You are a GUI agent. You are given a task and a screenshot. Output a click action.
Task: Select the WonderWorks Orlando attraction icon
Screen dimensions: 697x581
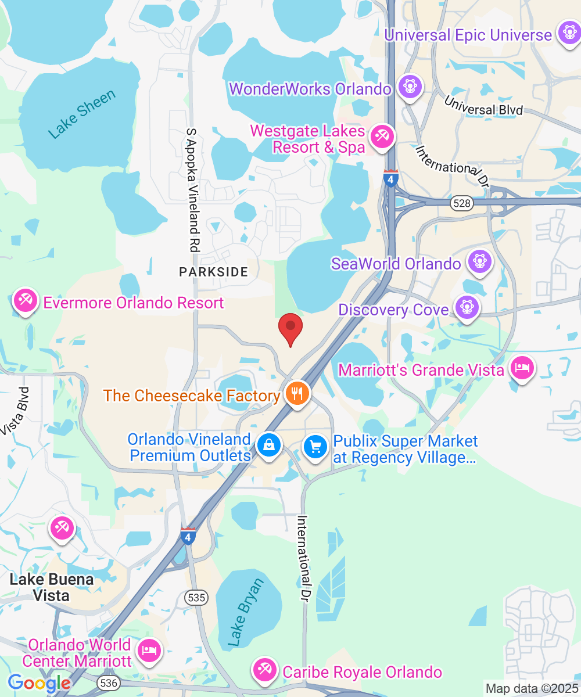coord(410,87)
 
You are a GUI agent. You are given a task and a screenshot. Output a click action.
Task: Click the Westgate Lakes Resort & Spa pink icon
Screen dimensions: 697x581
coord(382,137)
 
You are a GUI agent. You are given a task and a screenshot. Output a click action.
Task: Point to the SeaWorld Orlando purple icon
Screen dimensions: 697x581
coord(480,261)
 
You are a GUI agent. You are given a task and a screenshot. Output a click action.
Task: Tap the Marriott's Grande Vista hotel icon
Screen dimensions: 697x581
coord(522,367)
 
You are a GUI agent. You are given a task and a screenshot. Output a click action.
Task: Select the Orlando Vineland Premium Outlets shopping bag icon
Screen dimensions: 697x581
coord(269,445)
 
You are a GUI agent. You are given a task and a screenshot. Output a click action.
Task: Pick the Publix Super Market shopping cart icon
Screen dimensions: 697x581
coord(316,447)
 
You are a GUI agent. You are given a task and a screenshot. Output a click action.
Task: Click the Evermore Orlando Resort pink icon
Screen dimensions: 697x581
coord(26,301)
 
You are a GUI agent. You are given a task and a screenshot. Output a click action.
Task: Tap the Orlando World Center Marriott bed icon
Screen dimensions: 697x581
coord(149,649)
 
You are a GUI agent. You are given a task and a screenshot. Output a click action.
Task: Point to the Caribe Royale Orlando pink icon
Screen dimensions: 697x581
coord(266,670)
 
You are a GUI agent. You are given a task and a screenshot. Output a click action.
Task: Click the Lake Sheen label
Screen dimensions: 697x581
coord(82,114)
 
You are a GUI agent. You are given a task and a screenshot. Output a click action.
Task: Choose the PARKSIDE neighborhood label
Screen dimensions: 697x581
coord(213,271)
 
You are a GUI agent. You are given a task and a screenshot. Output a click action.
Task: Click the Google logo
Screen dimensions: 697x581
coord(39,683)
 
